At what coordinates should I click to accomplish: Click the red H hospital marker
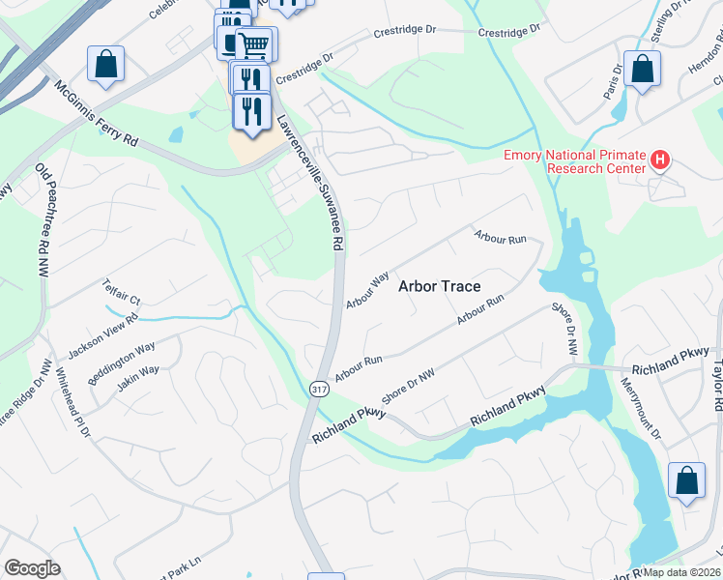[x=660, y=159]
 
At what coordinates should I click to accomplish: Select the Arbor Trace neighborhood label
[x=440, y=286]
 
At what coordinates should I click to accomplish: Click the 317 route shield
[x=318, y=388]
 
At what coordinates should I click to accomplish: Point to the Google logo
[x=32, y=568]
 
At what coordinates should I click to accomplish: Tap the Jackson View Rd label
[x=101, y=333]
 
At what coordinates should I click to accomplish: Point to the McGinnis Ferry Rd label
[x=96, y=114]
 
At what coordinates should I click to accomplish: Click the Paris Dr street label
[x=613, y=82]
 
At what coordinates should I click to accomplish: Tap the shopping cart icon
[x=255, y=44]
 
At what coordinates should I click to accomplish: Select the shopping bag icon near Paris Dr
[x=643, y=70]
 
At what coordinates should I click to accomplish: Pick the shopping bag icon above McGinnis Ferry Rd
[x=105, y=65]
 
